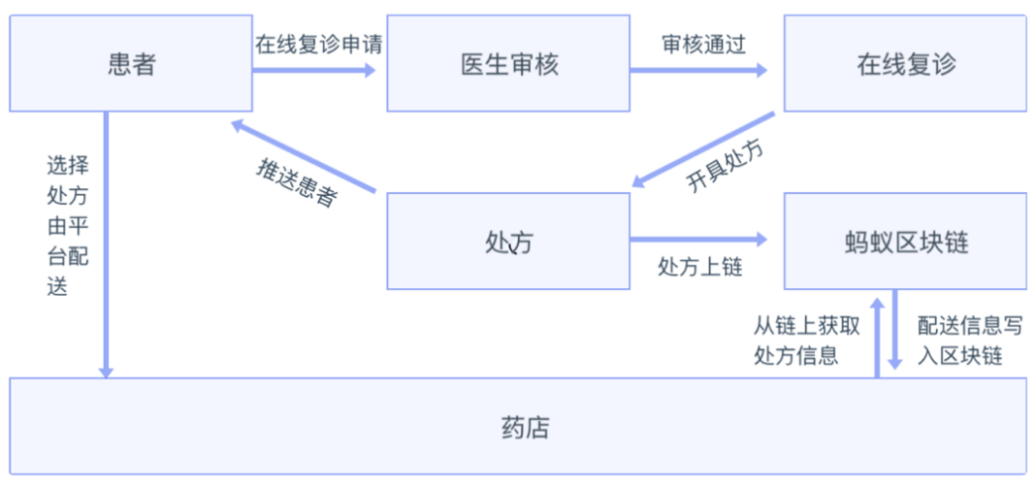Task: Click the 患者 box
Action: point(131,64)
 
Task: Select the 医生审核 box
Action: point(508,64)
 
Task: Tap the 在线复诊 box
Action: point(905,64)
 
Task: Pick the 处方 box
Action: point(508,242)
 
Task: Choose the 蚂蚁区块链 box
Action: point(905,242)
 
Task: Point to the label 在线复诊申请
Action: point(312,45)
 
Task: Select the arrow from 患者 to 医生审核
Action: point(313,70)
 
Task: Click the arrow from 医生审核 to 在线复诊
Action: point(698,70)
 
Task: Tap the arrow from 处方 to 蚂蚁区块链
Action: point(698,239)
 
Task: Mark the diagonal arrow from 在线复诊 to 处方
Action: point(703,148)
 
